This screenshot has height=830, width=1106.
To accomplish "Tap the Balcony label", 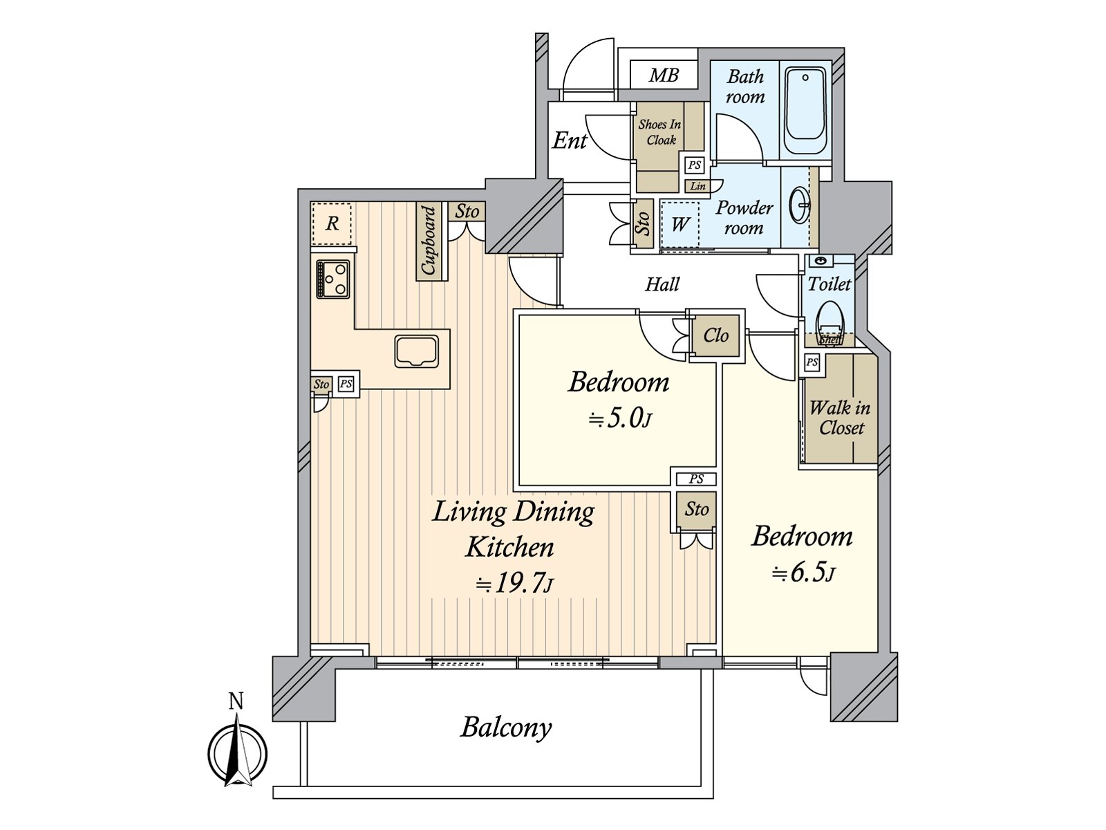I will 506,728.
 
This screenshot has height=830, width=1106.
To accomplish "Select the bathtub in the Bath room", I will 807,113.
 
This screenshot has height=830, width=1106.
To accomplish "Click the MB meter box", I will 664,75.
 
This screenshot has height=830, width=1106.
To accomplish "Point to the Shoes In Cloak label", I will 659,132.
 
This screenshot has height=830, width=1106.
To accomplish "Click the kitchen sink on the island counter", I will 416,351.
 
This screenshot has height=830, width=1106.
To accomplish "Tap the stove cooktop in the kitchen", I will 333,279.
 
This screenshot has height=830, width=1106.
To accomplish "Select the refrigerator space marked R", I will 332,224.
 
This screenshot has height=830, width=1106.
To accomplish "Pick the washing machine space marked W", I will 680,224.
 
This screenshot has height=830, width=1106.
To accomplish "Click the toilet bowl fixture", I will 829,320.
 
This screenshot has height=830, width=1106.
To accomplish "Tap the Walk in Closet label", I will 840,418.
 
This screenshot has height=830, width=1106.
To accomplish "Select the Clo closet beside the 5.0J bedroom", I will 716,335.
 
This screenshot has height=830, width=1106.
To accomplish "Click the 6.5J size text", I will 803,573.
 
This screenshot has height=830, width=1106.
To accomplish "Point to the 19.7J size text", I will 513,584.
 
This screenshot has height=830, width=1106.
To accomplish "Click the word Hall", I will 662,284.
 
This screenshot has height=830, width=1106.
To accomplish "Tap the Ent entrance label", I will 569,141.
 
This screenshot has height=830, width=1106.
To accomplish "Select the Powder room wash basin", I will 800,205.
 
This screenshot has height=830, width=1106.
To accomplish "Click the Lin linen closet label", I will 698,186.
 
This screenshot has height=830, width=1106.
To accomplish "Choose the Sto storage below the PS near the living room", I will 697,510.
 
